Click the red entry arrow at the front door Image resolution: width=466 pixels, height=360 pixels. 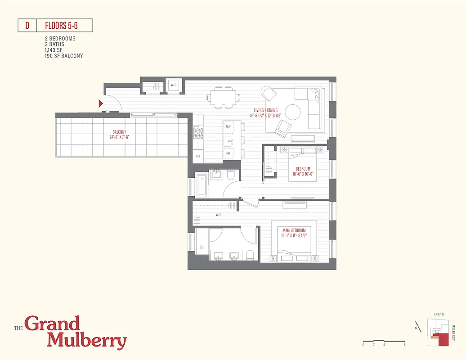coord(101,103)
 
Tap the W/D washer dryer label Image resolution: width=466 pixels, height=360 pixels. coord(173,85)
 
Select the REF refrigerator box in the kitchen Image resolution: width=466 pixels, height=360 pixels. coord(197,156)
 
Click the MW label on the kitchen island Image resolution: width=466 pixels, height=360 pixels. coord(229,127)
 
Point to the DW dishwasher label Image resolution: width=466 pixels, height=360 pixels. coord(228,153)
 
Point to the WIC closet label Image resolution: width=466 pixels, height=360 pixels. coord(219,215)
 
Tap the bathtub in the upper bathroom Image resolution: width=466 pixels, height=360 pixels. coord(202,185)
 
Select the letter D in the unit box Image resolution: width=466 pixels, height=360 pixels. coord(27,26)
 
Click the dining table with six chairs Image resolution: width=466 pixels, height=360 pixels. coord(222,97)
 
